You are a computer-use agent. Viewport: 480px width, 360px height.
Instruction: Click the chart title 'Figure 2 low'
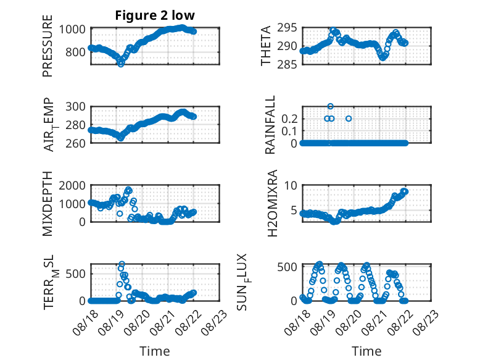[x=155, y=15]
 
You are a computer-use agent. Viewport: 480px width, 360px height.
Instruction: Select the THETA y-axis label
[x=266, y=46]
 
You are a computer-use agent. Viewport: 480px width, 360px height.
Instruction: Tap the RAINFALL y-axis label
[x=270, y=125]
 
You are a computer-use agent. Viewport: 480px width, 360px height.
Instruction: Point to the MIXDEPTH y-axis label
[x=48, y=203]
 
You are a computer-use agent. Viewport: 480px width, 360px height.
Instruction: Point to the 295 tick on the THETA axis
[x=290, y=28]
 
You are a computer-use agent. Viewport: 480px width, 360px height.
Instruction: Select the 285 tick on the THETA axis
[x=290, y=64]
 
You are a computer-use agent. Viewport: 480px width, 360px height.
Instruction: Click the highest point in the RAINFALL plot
[x=330, y=107]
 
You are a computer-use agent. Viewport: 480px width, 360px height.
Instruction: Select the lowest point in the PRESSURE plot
[x=121, y=64]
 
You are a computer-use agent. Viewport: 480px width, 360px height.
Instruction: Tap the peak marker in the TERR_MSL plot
[x=122, y=264]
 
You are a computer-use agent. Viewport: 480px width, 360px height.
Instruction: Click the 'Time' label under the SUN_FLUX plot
[x=366, y=351]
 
